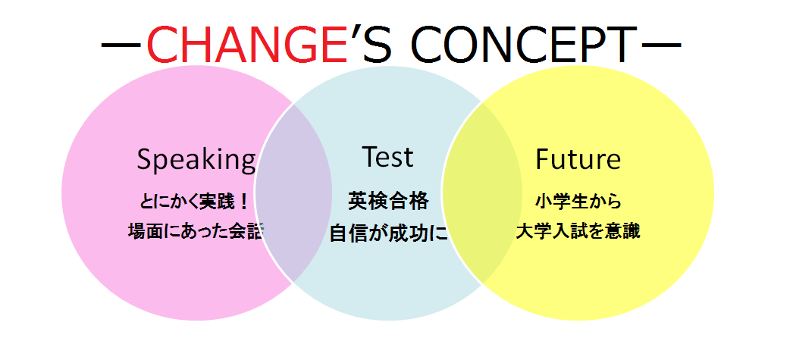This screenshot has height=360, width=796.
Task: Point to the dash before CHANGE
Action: point(121,45)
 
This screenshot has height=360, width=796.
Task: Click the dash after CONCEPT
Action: point(661,45)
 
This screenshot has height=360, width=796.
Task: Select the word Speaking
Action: point(196,159)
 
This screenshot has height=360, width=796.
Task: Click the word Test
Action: point(387,157)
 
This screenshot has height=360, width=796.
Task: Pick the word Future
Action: point(578,159)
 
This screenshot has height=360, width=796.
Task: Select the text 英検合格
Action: point(388,202)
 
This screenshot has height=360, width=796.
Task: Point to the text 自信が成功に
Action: point(389,233)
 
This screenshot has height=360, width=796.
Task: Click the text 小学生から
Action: point(578,202)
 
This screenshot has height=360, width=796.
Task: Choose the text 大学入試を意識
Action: point(578,232)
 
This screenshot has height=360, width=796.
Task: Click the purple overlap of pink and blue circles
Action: point(293,193)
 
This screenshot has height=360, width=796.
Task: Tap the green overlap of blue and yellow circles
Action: point(481,193)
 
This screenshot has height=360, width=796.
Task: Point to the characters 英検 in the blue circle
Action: point(368,202)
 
